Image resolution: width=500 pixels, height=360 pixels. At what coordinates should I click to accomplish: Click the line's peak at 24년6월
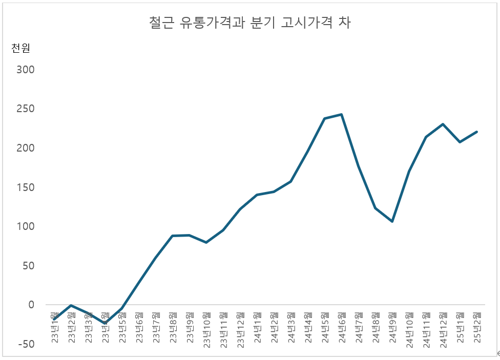tap(341, 114)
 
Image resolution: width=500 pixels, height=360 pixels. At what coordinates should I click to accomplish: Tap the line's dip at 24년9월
tap(392, 221)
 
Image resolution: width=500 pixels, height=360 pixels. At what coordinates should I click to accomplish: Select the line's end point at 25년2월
tap(476, 132)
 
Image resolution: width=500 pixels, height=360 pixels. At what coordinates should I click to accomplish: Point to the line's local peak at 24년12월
tap(443, 124)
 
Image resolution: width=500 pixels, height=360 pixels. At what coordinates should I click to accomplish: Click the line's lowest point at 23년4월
tap(105, 323)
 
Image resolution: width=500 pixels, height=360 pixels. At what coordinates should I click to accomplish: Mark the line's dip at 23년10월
tap(206, 242)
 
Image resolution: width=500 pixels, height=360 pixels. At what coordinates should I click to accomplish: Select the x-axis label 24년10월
tap(409, 330)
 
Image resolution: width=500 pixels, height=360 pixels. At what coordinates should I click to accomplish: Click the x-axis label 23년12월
tap(240, 330)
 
